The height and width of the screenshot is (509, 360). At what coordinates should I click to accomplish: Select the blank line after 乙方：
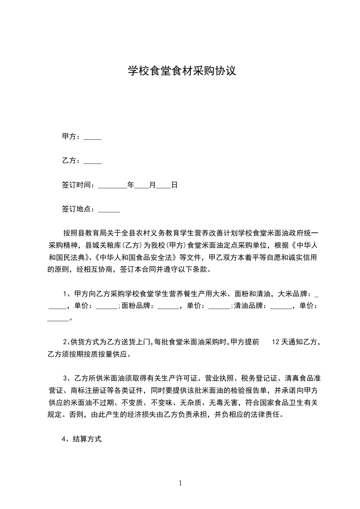[x=93, y=161]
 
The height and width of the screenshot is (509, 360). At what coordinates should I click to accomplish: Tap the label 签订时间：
[x=79, y=185]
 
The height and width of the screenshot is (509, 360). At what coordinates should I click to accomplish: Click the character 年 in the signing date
[x=131, y=185]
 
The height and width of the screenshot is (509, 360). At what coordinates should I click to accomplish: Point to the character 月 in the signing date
[x=153, y=185]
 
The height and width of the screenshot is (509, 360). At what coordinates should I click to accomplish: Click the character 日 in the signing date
[x=174, y=185]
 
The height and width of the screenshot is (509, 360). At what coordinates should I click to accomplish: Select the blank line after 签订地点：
[x=109, y=209]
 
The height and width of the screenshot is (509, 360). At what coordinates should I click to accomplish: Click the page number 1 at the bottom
[x=180, y=483]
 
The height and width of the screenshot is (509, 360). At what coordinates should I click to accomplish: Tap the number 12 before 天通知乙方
[x=275, y=342]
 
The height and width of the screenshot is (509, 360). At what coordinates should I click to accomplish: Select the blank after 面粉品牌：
[x=168, y=306]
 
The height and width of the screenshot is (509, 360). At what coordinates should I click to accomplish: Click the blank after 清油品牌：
[x=281, y=306]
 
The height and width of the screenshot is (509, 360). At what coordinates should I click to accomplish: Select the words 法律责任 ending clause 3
[x=269, y=414]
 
